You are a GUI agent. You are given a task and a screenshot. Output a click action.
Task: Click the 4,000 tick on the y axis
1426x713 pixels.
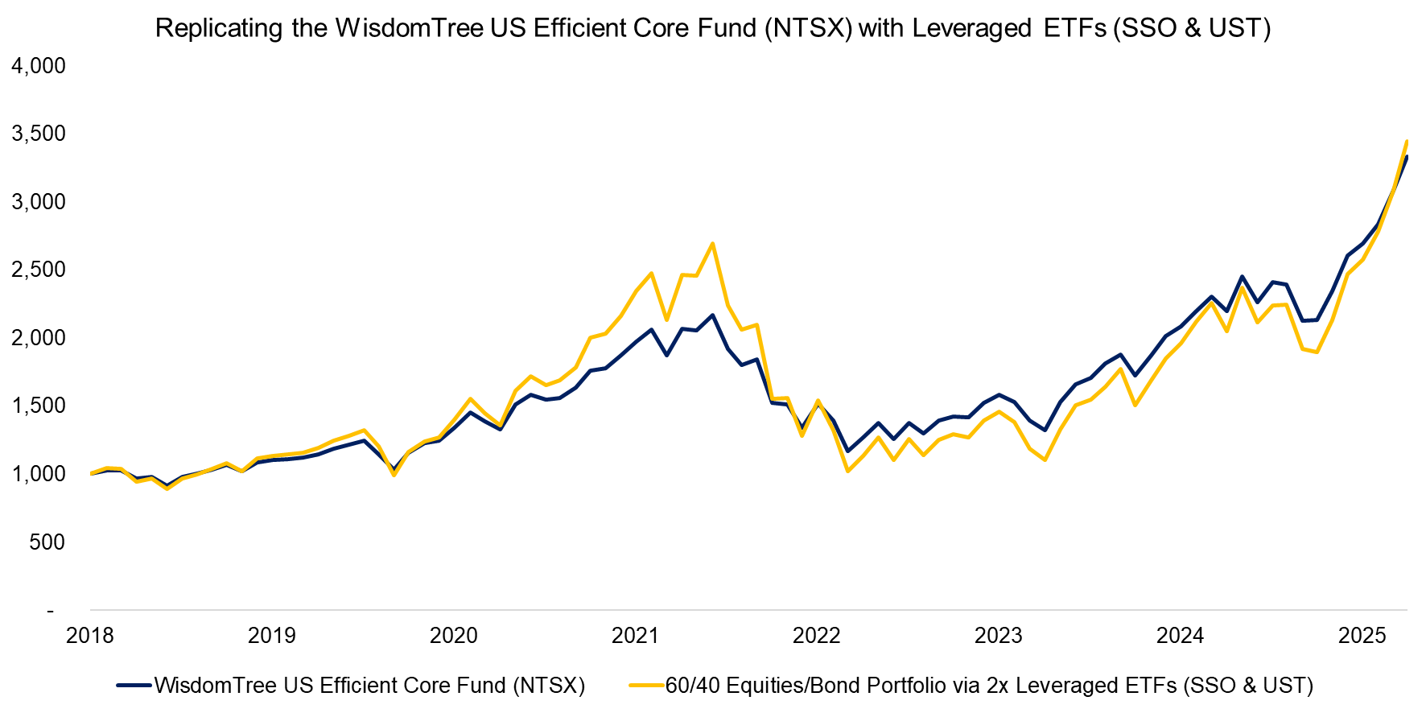click(x=39, y=66)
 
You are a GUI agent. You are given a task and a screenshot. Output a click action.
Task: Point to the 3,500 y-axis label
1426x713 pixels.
click(x=39, y=134)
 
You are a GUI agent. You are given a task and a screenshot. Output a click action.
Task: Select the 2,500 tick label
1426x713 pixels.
click(x=39, y=270)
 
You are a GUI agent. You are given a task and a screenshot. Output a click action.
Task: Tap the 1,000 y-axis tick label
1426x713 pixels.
click(x=39, y=474)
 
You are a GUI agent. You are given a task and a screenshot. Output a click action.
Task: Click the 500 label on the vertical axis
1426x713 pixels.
click(x=47, y=542)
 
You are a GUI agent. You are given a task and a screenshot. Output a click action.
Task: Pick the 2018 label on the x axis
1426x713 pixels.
click(x=90, y=636)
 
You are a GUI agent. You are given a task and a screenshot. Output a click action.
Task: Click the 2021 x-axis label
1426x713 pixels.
click(x=635, y=636)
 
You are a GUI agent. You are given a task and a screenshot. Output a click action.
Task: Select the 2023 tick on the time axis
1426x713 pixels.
click(x=998, y=636)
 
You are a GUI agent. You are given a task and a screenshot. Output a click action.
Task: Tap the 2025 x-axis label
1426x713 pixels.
click(x=1362, y=636)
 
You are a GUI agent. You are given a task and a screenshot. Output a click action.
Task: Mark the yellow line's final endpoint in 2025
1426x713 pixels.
click(x=1406, y=142)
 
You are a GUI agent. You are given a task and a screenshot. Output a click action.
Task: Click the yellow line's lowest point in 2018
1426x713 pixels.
click(x=167, y=488)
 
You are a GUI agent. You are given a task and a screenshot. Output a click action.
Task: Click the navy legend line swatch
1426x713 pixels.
click(x=134, y=686)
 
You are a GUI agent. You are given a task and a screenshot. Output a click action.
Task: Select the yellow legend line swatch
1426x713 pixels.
click(x=645, y=686)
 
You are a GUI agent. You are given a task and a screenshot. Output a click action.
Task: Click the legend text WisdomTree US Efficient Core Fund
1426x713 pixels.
click(x=369, y=686)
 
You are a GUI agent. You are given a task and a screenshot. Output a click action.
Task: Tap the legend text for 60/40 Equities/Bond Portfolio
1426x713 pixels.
click(x=989, y=686)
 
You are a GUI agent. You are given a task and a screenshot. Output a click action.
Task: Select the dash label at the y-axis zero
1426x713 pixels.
click(x=50, y=611)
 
